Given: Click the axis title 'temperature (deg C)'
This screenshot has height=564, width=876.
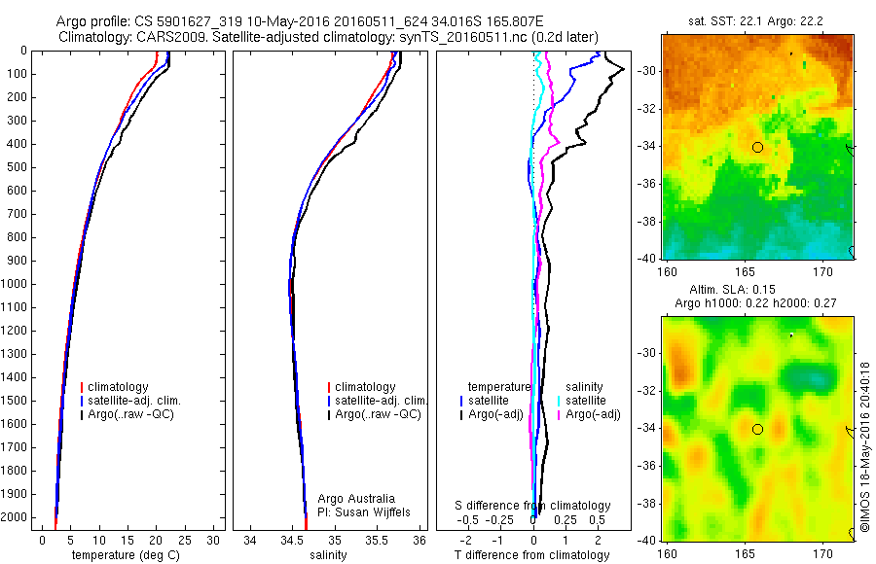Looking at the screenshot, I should tap(128, 555).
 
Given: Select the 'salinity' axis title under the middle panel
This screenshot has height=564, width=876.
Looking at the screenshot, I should tap(328, 555).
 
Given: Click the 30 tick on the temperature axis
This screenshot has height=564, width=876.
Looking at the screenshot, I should tap(213, 540).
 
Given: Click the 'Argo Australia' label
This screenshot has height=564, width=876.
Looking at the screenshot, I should tap(356, 498).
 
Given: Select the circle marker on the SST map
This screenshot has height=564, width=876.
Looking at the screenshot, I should tap(757, 147).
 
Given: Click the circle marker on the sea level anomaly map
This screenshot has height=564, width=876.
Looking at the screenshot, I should tap(757, 429).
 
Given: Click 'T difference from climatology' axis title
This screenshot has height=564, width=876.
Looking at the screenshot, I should tap(531, 555).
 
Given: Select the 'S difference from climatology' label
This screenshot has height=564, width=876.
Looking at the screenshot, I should tap(533, 506).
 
